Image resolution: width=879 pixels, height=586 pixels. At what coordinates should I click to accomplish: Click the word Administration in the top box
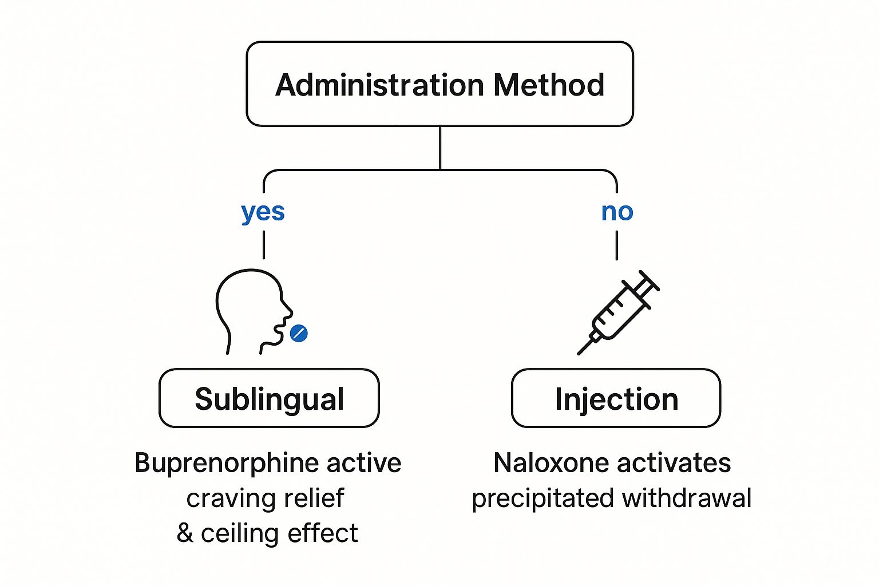pyautogui.click(x=380, y=85)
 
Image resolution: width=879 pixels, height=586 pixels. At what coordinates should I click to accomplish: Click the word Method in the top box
pyautogui.click(x=549, y=85)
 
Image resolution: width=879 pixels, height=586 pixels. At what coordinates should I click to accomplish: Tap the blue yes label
pyautogui.click(x=263, y=212)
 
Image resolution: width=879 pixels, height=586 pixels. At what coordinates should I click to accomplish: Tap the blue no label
pyautogui.click(x=617, y=212)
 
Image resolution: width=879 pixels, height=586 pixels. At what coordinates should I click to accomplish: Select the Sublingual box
pyautogui.click(x=269, y=398)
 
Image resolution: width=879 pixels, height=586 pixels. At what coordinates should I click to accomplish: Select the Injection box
pyautogui.click(x=616, y=398)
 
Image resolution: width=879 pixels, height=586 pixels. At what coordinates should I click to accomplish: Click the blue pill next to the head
pyautogui.click(x=299, y=333)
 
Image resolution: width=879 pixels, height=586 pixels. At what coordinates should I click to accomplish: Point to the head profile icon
pyautogui.click(x=249, y=306)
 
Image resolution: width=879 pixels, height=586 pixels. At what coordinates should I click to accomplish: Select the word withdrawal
pyautogui.click(x=687, y=498)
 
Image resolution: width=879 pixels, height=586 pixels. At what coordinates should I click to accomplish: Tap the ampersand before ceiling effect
pyautogui.click(x=185, y=533)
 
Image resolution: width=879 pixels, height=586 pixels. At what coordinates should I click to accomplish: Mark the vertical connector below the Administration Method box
pyautogui.click(x=439, y=148)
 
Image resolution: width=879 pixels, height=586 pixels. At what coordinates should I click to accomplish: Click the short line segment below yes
pyautogui.click(x=263, y=245)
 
